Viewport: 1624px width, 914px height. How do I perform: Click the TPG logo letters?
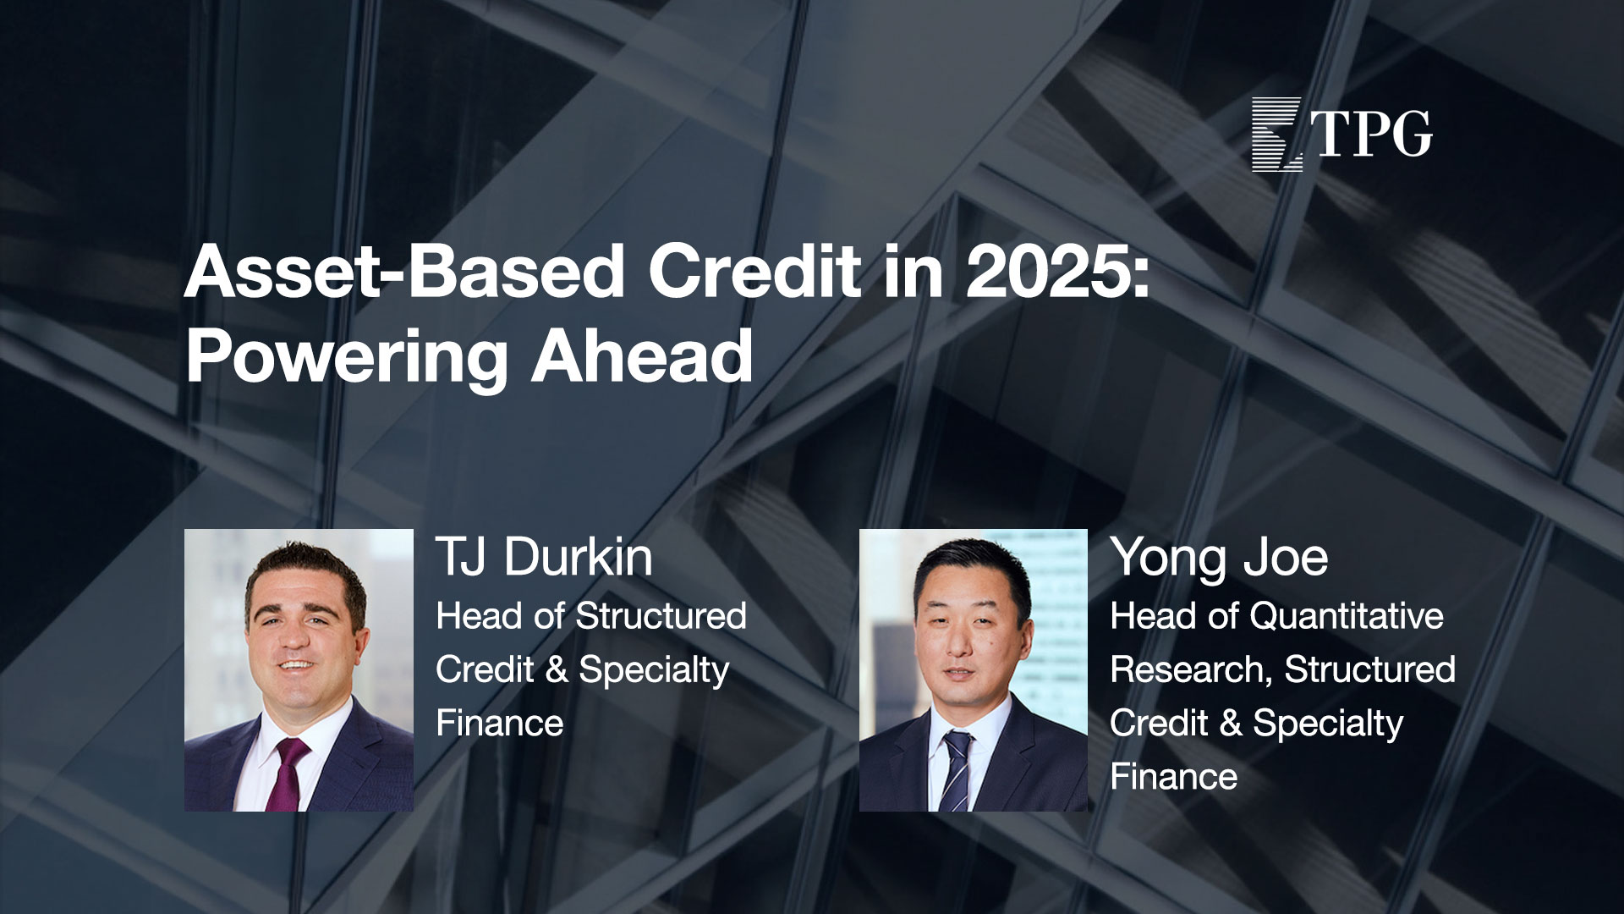click(1374, 134)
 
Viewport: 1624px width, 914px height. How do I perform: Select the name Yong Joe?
click(1219, 559)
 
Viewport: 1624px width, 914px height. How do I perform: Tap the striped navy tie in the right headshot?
click(957, 771)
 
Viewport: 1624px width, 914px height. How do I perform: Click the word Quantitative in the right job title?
click(1347, 616)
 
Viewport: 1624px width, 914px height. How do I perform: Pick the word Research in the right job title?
click(1192, 670)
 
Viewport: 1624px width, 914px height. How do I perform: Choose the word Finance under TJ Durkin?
click(500, 724)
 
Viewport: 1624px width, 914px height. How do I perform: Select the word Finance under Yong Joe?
click(1174, 777)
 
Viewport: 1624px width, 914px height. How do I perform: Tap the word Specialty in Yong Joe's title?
click(1328, 725)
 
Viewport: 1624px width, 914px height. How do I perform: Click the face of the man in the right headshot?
click(965, 643)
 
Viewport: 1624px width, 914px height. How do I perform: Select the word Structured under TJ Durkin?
click(661, 616)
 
